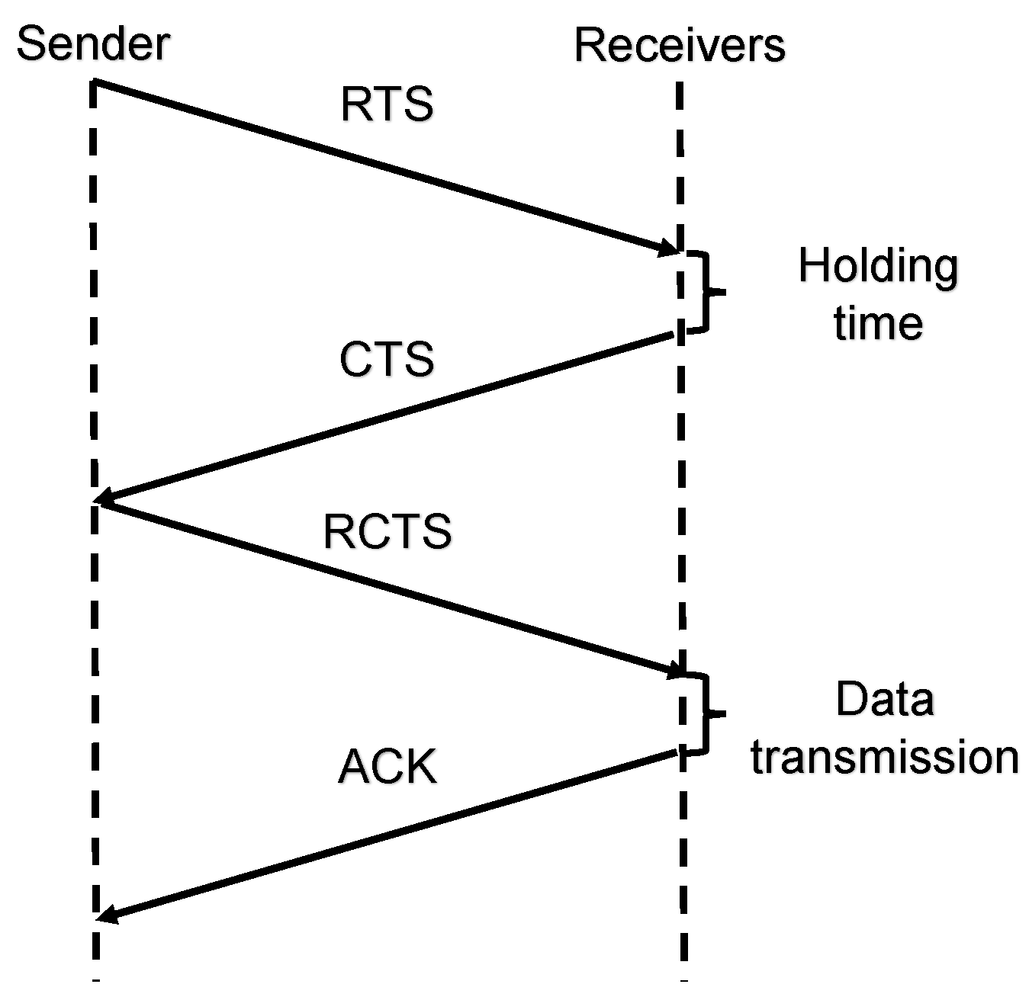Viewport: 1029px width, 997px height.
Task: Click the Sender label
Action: (92, 43)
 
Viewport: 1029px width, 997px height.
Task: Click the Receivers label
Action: (679, 45)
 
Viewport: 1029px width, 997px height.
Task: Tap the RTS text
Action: (387, 104)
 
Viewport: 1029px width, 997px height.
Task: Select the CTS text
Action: (387, 359)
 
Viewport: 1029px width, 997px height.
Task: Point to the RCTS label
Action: (387, 531)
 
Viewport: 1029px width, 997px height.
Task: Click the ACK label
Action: (387, 766)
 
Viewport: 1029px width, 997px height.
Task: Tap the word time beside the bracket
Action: (878, 323)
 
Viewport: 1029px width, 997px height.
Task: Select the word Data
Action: (885, 699)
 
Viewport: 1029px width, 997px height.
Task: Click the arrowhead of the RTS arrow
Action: (669, 248)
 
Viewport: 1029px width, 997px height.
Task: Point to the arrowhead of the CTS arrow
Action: (105, 499)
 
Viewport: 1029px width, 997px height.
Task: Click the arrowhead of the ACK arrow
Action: (106, 915)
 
